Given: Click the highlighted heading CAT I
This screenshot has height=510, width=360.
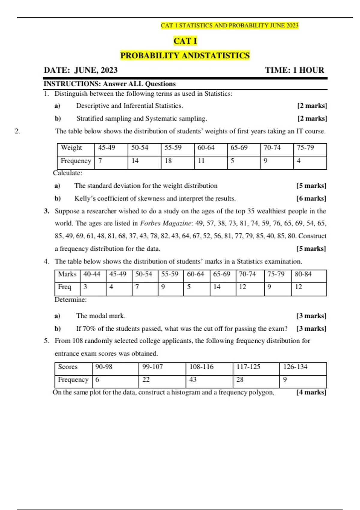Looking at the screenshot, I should (185, 41).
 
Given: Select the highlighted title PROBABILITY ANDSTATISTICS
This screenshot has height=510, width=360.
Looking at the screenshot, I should (185, 55).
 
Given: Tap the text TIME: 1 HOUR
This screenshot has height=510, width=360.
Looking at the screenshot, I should (294, 70).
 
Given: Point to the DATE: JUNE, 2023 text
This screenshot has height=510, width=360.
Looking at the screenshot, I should (81, 70).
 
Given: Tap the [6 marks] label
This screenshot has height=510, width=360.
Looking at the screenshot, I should (311, 199).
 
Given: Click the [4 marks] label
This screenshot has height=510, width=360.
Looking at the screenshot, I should (311, 392).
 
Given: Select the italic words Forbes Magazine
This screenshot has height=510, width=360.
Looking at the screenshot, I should (165, 223).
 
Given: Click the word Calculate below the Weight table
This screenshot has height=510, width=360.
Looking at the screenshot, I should (67, 173).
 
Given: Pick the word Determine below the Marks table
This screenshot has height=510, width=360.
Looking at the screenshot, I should (70, 300).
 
